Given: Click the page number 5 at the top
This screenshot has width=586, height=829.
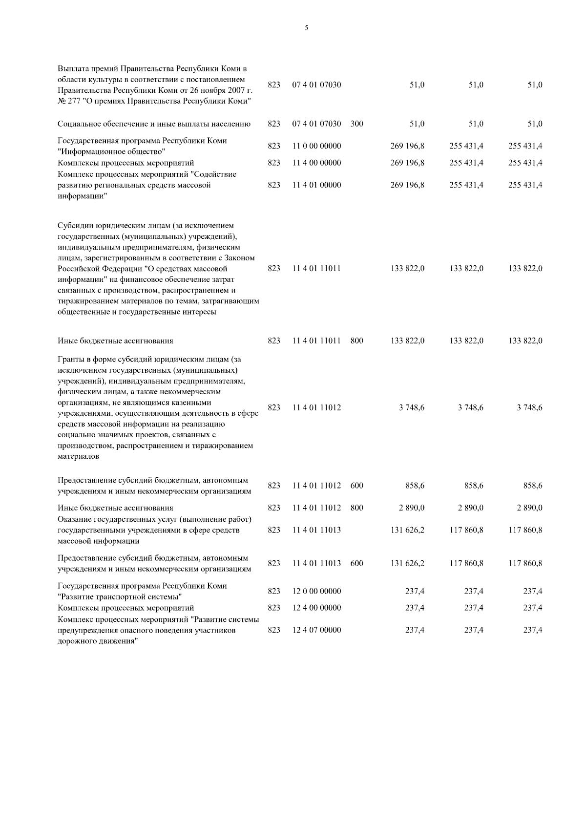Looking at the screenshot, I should pos(306,28).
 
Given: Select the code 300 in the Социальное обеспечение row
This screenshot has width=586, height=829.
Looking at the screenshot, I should pos(356,124).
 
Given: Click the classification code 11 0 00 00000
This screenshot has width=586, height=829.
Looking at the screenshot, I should pos(316,146).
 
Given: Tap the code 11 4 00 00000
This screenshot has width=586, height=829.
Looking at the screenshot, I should pos(316,163).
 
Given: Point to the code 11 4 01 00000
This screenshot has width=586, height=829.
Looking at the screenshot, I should pos(316,185).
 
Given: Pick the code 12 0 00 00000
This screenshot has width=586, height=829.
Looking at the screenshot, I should pos(316,592).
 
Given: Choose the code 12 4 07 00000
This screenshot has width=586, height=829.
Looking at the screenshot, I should pos(316,630).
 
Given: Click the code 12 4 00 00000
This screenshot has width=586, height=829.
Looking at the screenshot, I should pos(316,608).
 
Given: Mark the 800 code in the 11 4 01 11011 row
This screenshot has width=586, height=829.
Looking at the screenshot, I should pos(356,341).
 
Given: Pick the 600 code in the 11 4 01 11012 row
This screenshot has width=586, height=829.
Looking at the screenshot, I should pos(356,486).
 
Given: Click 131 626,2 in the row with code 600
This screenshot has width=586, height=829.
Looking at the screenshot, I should pos(407,563).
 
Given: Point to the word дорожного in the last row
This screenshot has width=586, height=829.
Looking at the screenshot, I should pos(75,641).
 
